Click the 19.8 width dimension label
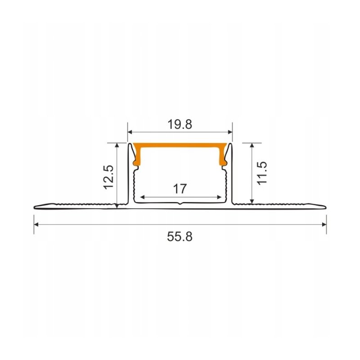[x=180, y=125]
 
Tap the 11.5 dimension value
[x=263, y=173]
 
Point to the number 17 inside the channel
[x=180, y=189]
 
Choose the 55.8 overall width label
[x=180, y=236]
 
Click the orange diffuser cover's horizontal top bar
[x=180, y=147]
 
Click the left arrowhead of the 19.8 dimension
[x=130, y=132]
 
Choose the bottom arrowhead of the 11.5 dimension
[x=252, y=200]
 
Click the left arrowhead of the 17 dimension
[x=143, y=197]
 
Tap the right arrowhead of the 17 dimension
[x=218, y=197]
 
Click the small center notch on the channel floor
[x=180, y=204]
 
